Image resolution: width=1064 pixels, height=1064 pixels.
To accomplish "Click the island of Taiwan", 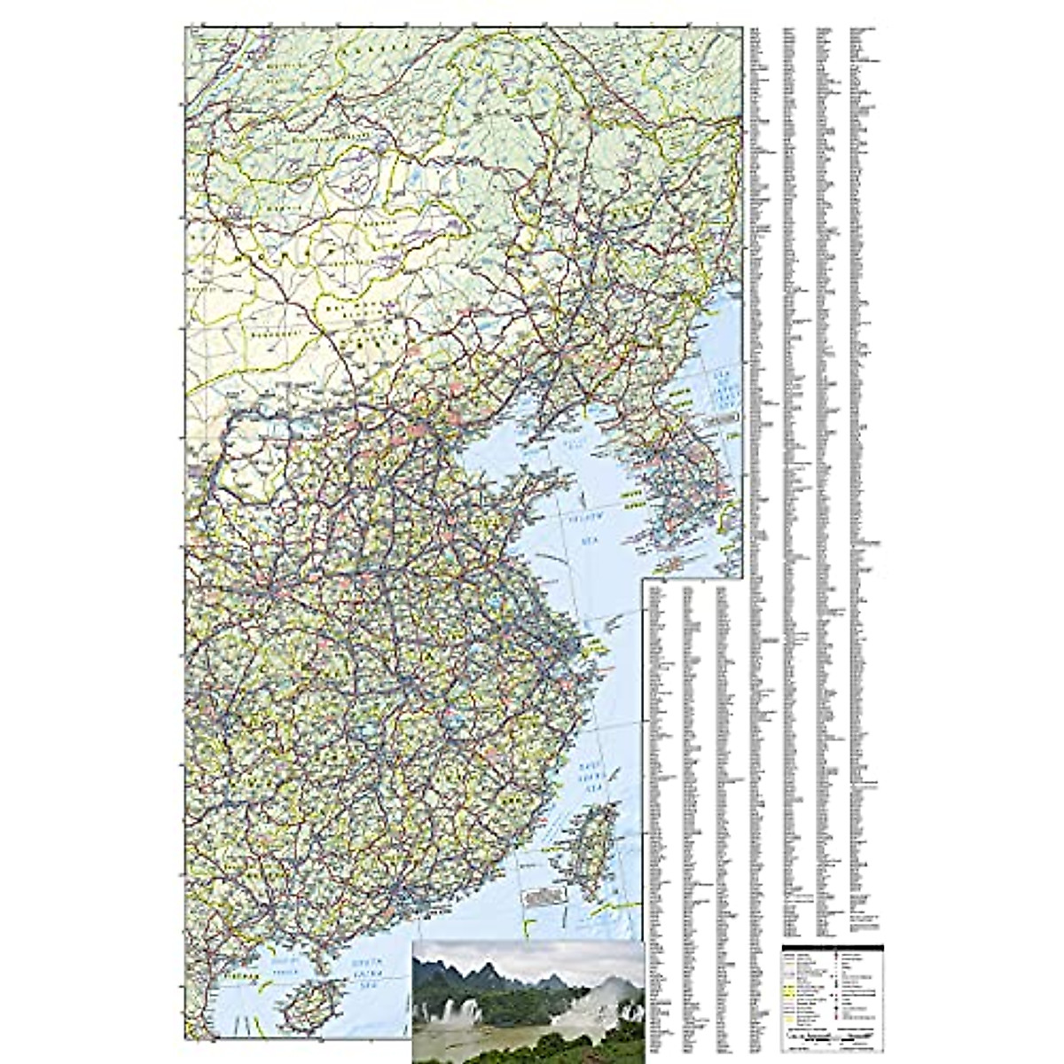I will [x=586, y=842].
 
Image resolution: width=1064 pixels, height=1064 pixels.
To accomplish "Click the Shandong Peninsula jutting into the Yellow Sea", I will [x=523, y=483].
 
